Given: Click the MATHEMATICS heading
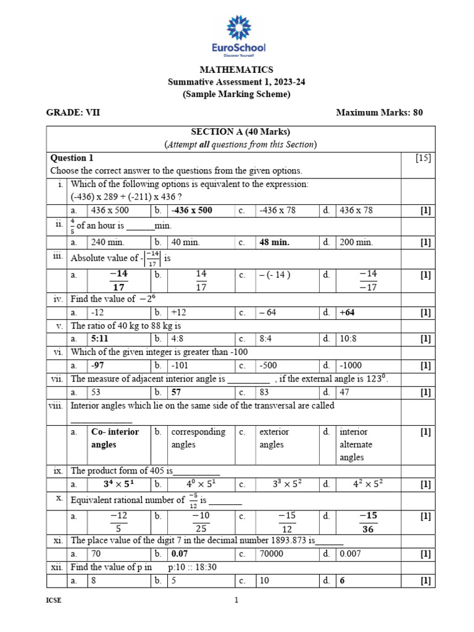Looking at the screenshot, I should pyautogui.click(x=236, y=70).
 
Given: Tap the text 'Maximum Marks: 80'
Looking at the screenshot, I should pyautogui.click(x=379, y=112).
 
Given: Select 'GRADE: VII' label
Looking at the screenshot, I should pyautogui.click(x=73, y=112).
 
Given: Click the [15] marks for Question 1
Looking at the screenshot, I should pyautogui.click(x=423, y=158).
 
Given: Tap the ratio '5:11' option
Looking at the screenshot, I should pyautogui.click(x=101, y=339).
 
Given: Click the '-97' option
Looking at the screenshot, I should pyautogui.click(x=99, y=365).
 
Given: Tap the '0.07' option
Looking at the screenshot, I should pyautogui.click(x=180, y=554).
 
